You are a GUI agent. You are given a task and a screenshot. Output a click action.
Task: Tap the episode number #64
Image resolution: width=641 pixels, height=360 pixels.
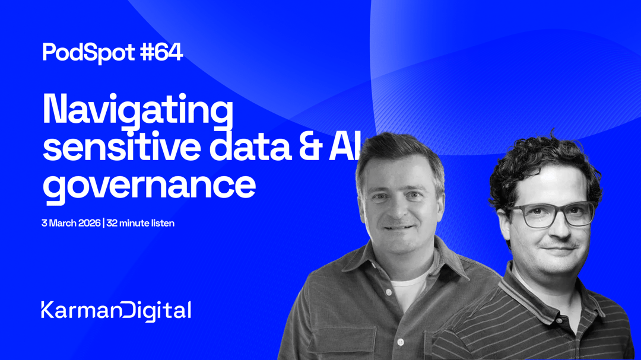click(161, 53)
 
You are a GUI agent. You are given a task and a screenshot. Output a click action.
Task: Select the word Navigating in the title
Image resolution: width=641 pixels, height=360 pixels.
click(138, 111)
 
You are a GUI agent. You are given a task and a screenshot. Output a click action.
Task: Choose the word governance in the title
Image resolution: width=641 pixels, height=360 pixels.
click(149, 185)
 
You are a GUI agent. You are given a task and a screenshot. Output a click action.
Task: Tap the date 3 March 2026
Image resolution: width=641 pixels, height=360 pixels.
click(71, 224)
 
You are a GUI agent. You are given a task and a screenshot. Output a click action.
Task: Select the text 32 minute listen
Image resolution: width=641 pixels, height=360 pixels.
click(141, 224)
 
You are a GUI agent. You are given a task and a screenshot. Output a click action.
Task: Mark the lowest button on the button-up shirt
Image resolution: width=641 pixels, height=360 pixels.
click(401, 342)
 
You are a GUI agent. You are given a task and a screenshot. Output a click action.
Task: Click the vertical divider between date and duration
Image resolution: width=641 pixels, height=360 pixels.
click(103, 224)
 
